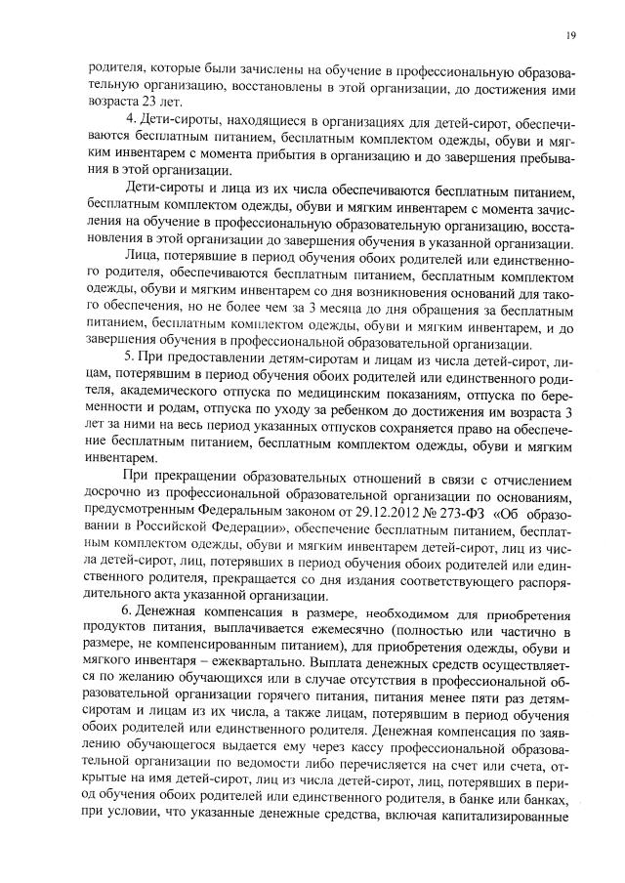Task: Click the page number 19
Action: coord(570,36)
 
